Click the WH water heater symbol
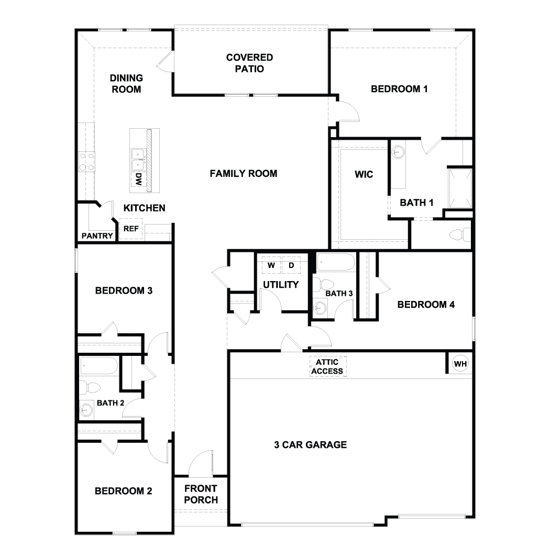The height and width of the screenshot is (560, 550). click(x=460, y=364)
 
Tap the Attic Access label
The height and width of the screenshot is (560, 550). click(x=327, y=366)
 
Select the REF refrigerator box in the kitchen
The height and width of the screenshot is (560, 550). click(x=131, y=229)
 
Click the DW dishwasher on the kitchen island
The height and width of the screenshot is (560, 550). click(x=138, y=181)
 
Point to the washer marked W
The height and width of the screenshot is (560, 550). click(x=271, y=265)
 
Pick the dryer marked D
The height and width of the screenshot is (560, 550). click(x=291, y=265)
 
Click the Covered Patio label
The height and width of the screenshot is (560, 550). click(x=249, y=63)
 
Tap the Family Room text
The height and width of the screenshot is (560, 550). click(x=243, y=173)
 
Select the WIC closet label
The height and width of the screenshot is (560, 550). click(x=364, y=174)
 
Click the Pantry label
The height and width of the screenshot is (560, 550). click(x=97, y=236)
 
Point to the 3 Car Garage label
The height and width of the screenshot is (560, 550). click(x=310, y=445)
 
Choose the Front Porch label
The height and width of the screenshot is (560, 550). click(x=201, y=495)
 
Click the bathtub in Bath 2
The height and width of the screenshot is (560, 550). click(x=98, y=366)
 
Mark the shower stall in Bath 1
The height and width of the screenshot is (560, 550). click(x=459, y=188)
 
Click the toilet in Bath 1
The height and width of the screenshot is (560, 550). click(x=460, y=235)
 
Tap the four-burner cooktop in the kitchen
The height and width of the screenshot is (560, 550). click(x=86, y=161)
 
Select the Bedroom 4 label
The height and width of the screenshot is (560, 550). click(x=425, y=305)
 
